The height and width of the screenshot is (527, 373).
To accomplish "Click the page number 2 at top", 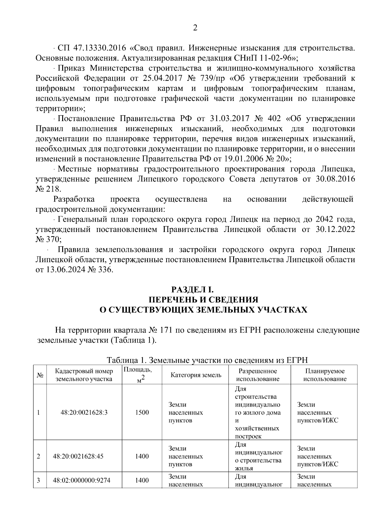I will [195, 28].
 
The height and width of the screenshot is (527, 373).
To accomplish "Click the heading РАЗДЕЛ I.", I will [193, 289].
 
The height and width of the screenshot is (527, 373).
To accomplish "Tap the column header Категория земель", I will [196, 375].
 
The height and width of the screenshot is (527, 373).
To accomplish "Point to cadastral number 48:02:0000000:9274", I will [81, 480].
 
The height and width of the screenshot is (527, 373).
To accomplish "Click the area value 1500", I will [142, 412].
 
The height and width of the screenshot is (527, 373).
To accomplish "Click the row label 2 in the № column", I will [39, 456].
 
